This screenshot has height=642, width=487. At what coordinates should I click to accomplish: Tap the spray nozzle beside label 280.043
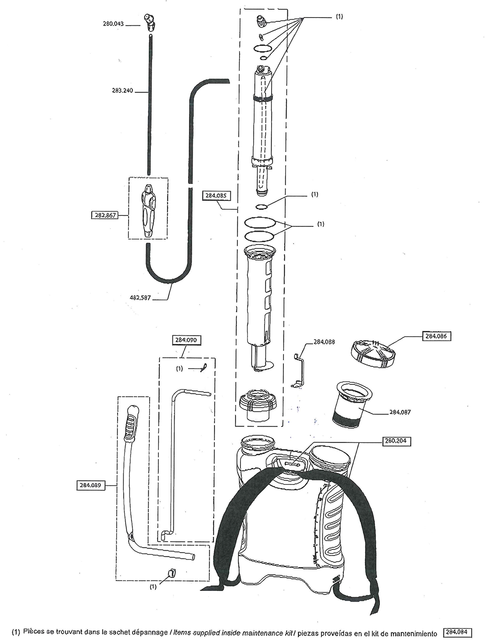tap(149, 22)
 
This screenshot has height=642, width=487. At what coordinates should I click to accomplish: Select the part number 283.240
tap(122, 92)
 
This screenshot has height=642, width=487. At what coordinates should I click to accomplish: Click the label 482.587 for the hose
tap(140, 298)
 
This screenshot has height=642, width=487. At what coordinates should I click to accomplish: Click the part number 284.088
tap(325, 342)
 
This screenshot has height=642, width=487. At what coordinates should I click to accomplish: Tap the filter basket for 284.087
tap(353, 404)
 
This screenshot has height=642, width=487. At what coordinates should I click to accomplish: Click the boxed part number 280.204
tap(395, 442)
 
